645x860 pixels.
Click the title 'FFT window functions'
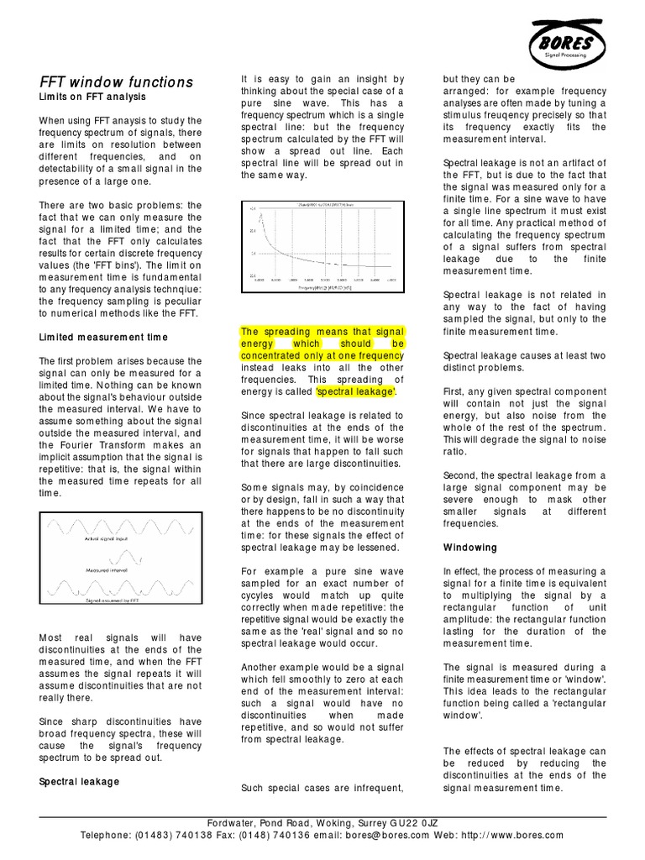coord(117,81)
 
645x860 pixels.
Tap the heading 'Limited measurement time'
coord(103,337)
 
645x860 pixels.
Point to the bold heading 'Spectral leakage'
coord(79,781)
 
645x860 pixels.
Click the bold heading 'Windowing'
coord(469,548)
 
